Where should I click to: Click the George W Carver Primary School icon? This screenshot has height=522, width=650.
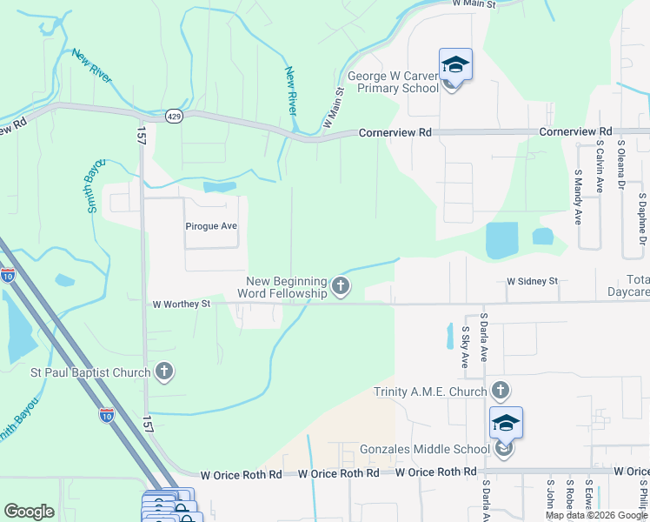pos(455,66)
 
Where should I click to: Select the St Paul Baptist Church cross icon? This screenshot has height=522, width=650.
pos(163,373)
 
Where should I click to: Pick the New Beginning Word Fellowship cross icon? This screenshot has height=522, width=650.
pos(341,285)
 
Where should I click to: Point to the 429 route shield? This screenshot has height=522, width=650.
pos(175,117)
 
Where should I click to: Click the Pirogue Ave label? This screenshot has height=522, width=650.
pos(211,226)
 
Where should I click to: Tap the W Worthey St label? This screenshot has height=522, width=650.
pos(182,304)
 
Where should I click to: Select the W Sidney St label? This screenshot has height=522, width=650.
pos(532,282)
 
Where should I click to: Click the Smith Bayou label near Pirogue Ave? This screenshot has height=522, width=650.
pos(95,185)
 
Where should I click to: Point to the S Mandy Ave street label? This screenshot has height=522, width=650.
pos(578,197)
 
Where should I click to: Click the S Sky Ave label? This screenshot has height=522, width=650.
pos(466,346)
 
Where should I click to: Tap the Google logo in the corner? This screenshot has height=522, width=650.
pos(29,512)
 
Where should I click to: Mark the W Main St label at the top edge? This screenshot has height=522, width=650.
pos(474,4)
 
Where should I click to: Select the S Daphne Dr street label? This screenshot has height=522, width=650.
pos(642,218)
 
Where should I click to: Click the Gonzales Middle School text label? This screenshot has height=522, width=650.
pos(425,450)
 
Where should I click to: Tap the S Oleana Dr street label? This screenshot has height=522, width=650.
pos(620,167)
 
